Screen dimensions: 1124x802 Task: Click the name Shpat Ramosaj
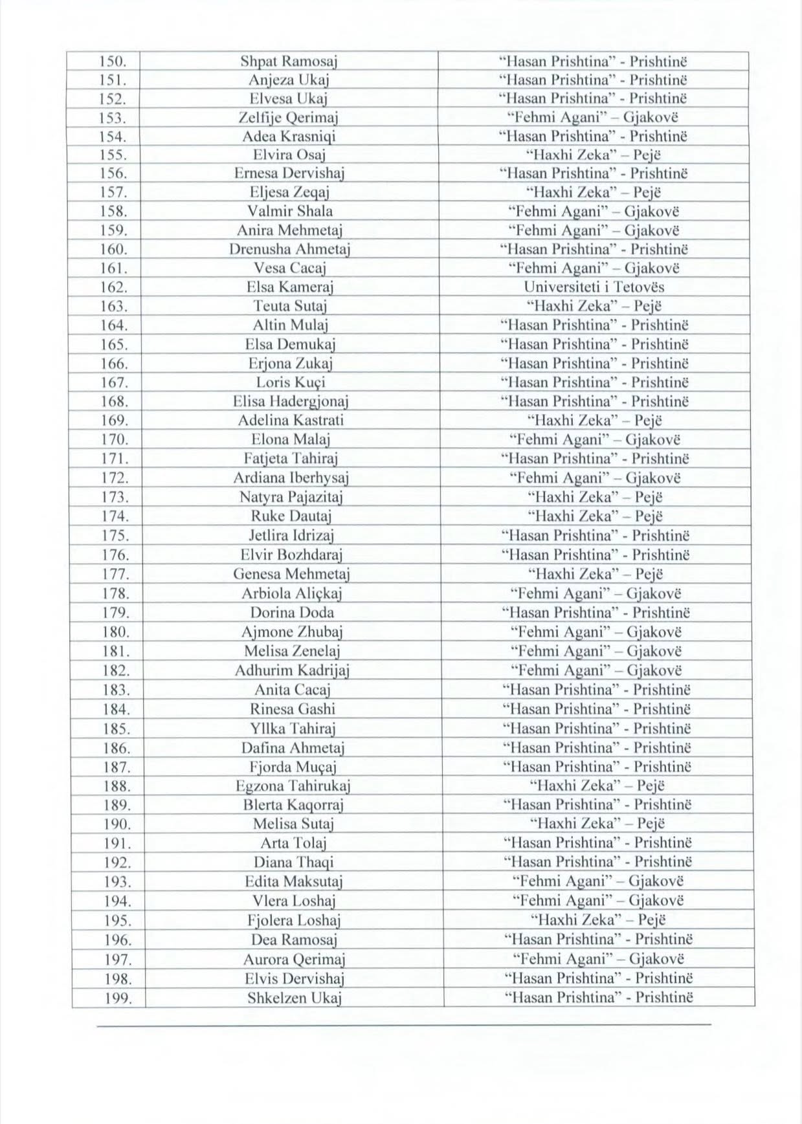(289, 62)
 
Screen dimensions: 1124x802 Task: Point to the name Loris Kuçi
(291, 382)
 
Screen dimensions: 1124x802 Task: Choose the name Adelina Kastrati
(291, 421)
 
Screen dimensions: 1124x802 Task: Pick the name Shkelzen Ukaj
(295, 998)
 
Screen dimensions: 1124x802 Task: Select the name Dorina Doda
(292, 613)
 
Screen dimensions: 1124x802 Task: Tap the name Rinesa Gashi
(293, 709)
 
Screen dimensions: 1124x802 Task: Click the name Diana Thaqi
(293, 863)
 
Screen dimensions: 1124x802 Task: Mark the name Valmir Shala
(290, 212)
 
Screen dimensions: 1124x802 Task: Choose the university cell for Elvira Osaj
(594, 155)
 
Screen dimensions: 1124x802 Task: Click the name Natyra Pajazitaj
(291, 498)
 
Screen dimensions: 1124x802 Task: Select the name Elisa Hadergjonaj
(291, 402)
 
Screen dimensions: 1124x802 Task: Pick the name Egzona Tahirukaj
(293, 786)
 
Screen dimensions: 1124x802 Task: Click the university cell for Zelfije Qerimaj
(594, 118)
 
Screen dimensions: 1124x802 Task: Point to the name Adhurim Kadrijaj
(292, 670)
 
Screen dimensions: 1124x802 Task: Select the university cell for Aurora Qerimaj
(598, 959)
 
